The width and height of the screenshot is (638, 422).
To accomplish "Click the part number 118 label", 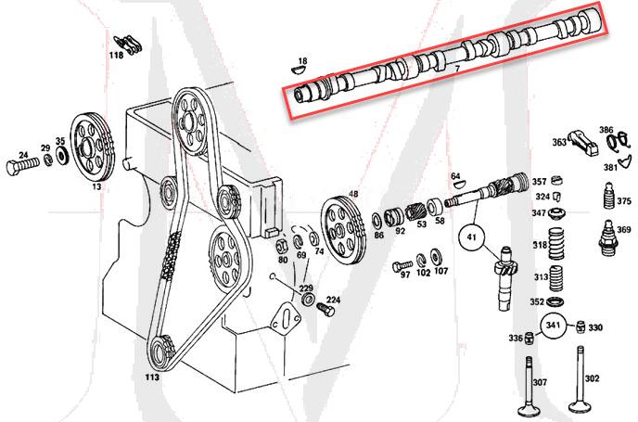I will [116, 56].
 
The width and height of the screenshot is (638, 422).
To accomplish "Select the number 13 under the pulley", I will [96, 186].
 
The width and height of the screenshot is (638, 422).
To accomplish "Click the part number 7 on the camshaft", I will [457, 70].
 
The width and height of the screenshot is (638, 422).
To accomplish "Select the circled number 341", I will [554, 326].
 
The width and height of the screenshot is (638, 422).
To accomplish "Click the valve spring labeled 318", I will [558, 245].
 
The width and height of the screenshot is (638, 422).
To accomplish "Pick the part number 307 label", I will [540, 381].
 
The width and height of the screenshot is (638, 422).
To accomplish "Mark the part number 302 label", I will [593, 378].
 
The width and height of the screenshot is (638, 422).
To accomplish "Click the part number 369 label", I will [624, 230].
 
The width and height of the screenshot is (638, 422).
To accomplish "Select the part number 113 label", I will [151, 377].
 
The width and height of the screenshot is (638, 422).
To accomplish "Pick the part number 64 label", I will [455, 175].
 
